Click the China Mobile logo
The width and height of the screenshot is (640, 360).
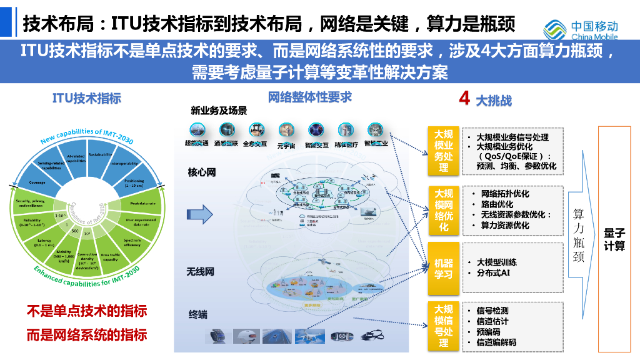pos(581,27)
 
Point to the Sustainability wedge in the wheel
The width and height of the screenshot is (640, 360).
pos(100,154)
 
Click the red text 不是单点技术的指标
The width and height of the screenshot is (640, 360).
pos(86,311)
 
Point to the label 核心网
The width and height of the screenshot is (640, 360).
pos(202,172)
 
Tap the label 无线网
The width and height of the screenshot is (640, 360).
pos(201,272)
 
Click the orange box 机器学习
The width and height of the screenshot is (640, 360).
pos(443,268)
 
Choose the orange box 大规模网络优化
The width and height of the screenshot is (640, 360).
pos(443,210)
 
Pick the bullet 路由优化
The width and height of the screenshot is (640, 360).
pos(497,204)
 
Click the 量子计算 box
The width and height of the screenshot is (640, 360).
pos(614,239)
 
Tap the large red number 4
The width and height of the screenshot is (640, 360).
pos(464,98)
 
